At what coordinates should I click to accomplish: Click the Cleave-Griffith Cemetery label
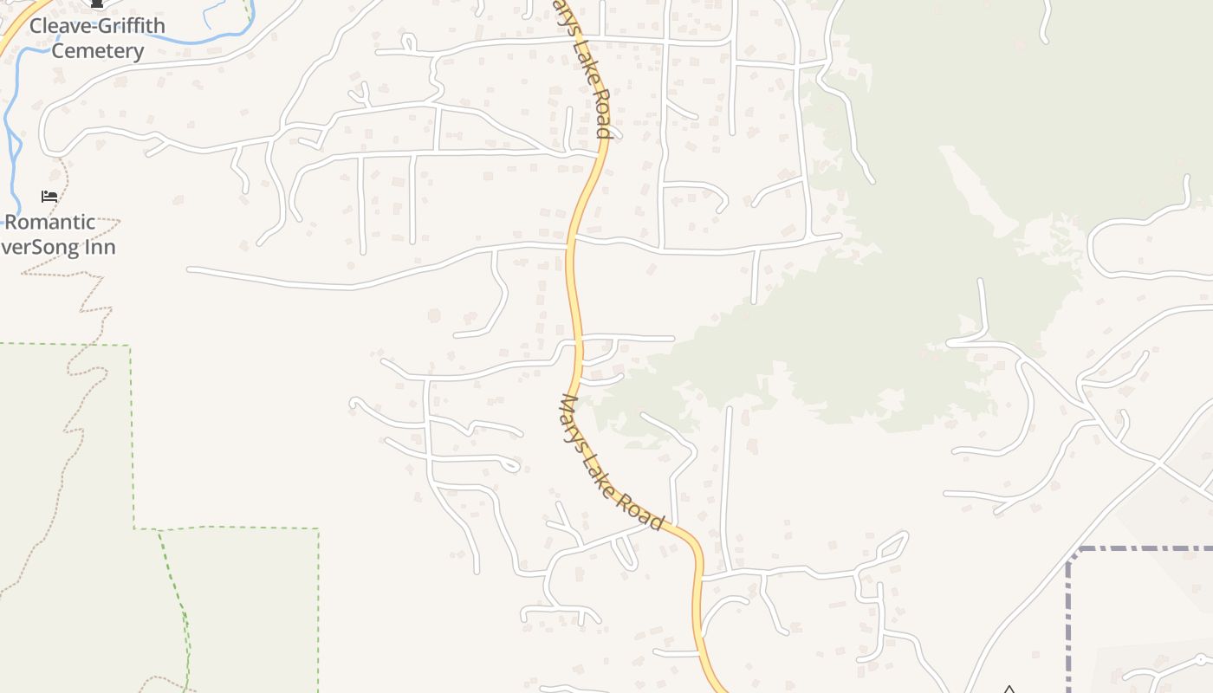[97, 38]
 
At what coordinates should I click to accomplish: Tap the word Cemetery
[97, 51]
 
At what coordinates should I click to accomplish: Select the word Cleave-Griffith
[97, 26]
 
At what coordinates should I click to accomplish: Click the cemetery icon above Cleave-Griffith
[97, 4]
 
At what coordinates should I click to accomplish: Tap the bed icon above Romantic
[49, 197]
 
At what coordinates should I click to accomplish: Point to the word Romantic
[50, 222]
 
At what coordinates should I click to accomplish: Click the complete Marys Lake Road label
[613, 463]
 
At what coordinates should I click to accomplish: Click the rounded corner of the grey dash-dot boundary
[1073, 554]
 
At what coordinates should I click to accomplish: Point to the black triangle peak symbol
[1009, 690]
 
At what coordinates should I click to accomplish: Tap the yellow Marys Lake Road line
[571, 286]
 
